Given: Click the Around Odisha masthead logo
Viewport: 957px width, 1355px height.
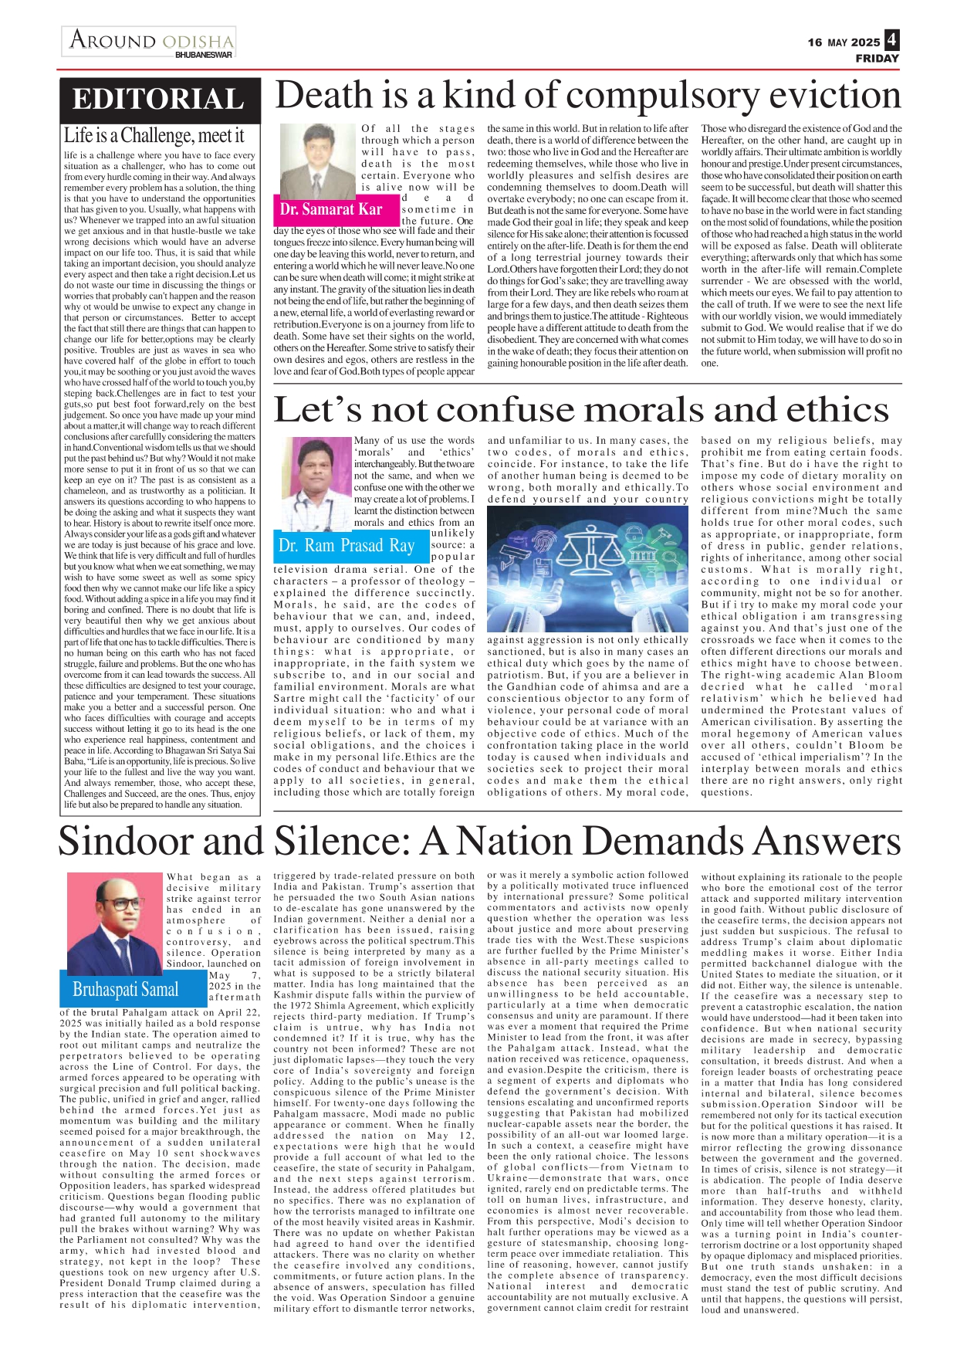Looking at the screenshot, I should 150,39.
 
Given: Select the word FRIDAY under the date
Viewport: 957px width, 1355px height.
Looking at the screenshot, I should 877,59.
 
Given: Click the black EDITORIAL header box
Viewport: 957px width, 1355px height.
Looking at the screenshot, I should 159,99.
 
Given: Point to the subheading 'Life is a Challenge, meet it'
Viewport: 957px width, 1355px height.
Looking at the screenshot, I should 154,136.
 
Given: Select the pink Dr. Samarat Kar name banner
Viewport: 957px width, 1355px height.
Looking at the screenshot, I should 332,209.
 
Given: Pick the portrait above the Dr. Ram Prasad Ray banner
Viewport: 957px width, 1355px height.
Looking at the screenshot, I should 319,483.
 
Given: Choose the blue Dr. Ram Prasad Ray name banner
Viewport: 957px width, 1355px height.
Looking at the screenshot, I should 347,546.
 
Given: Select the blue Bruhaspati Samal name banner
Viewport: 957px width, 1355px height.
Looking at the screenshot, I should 126,990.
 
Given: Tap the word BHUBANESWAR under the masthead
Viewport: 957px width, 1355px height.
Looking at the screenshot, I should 203,56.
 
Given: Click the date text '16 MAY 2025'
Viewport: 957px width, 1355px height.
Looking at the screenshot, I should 844,42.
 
